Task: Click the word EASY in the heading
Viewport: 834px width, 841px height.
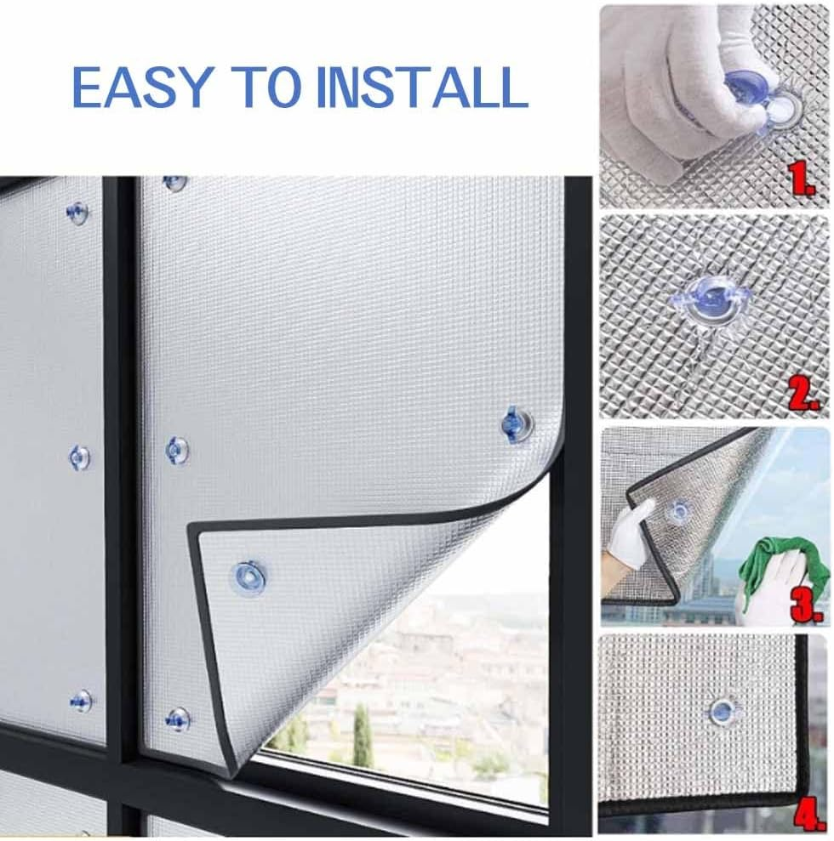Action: pos(140,87)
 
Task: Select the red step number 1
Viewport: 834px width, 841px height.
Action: pos(803,179)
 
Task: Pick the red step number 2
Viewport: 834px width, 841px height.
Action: pos(804,394)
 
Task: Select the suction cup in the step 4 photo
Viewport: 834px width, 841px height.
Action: pos(722,710)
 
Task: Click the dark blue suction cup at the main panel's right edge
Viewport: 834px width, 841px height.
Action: pos(516,423)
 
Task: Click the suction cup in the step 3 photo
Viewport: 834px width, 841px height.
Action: pos(678,511)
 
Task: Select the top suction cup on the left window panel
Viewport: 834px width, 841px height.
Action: pos(77,212)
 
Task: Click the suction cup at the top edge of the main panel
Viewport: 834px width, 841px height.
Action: pos(175,182)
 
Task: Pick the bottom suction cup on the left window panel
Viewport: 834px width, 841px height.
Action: pos(82,701)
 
